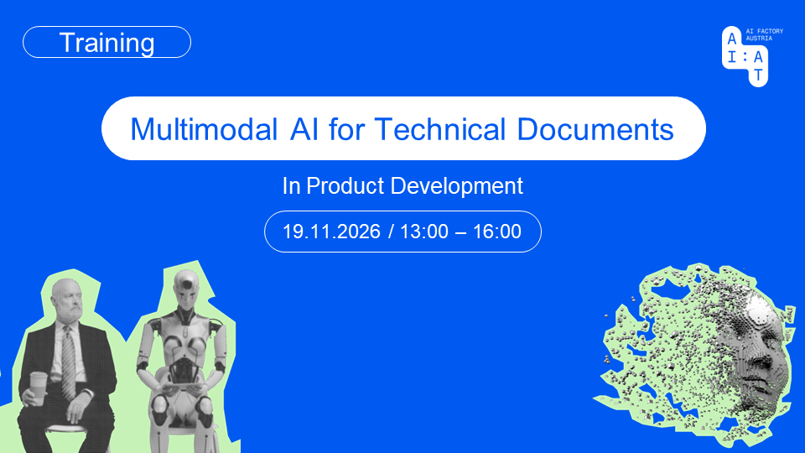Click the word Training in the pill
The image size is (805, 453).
coord(106,43)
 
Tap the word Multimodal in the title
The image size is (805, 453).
coord(204,129)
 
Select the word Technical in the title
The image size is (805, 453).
coord(440,129)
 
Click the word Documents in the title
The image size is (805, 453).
coord(595,129)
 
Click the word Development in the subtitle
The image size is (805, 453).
coord(456,187)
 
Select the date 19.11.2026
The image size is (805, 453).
coord(332,232)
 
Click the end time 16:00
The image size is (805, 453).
coord(497,232)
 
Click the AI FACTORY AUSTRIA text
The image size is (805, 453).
coord(765,35)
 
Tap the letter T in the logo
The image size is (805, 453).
coord(758,75)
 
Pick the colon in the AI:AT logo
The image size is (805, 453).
coord(745,58)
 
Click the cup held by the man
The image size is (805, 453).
coord(39,387)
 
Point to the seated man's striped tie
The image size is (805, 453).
coord(68,362)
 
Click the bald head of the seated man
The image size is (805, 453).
coord(65,293)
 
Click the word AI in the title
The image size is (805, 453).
coord(304,129)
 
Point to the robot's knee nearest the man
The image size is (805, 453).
coord(159,404)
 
